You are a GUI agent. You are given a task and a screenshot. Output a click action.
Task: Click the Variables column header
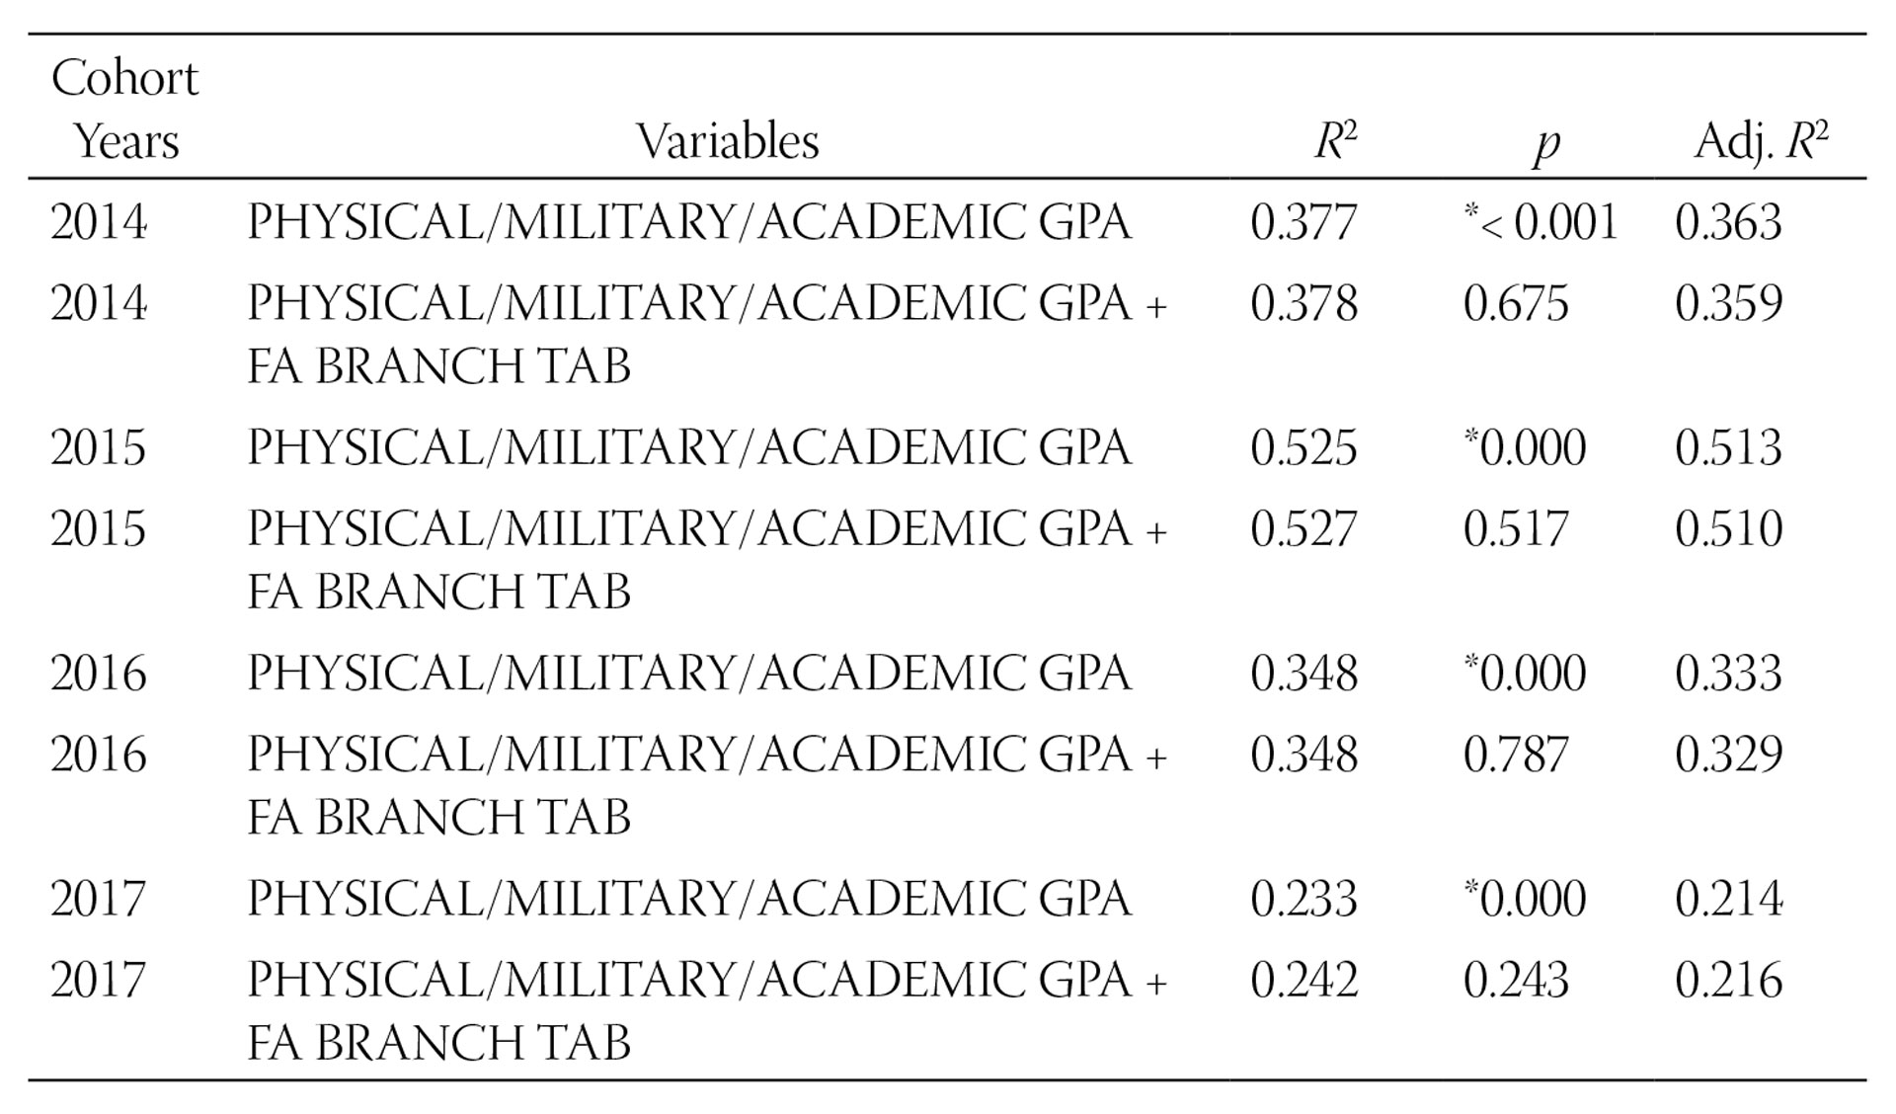(x=728, y=141)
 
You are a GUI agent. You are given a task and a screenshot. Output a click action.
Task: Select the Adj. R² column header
(x=1761, y=141)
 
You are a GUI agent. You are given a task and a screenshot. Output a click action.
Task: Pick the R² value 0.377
(x=1303, y=222)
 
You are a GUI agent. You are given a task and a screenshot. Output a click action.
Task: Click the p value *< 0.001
(x=1540, y=222)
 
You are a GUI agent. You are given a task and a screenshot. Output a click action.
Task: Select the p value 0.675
(x=1516, y=303)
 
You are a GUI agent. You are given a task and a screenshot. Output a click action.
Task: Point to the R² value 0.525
(x=1303, y=447)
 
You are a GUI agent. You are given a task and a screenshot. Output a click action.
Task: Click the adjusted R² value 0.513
(x=1728, y=447)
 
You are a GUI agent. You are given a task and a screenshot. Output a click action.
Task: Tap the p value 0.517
(x=1516, y=528)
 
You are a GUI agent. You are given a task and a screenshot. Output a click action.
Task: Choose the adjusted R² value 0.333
(x=1728, y=674)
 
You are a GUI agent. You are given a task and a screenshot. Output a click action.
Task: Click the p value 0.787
(x=1516, y=755)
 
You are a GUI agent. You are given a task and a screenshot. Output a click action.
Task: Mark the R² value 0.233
(x=1303, y=899)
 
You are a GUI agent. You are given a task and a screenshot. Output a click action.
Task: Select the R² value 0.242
(x=1303, y=980)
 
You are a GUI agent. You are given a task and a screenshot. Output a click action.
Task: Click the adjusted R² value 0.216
(x=1728, y=980)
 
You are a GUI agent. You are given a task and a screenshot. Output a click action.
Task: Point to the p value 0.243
(x=1516, y=980)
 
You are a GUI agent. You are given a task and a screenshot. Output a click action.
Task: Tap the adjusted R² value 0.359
(x=1728, y=303)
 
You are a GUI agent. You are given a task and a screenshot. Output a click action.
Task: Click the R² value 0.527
(x=1303, y=528)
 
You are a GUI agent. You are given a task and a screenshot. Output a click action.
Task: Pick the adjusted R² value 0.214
(x=1728, y=899)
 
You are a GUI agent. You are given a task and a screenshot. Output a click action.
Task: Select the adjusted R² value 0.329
(x=1728, y=755)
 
